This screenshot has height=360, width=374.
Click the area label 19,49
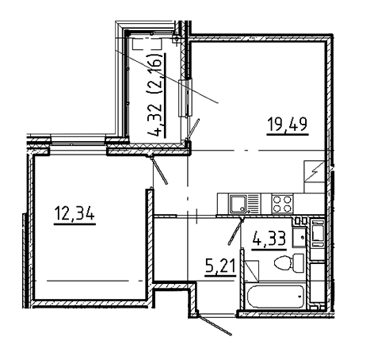coord(288,124)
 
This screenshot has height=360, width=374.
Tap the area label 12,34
coord(74,213)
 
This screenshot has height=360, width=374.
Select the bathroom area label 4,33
coord(269,238)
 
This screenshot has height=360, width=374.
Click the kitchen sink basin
coord(239,204)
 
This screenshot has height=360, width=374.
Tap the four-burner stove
coord(282,204)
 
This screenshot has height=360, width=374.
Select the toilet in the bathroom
coord(289,262)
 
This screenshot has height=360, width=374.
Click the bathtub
coord(276,297)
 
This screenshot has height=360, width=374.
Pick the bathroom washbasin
coord(300,237)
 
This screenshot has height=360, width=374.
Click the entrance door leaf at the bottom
coord(215,324)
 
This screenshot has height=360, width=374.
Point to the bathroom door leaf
coord(235,231)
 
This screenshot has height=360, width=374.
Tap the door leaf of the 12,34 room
coord(159,170)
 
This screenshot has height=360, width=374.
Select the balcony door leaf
coord(193,129)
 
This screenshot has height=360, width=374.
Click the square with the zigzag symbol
coord(314,171)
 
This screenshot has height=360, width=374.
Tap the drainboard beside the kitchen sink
coord(254,204)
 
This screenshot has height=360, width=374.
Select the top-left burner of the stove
coord(277,199)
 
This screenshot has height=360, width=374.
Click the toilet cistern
coord(299,262)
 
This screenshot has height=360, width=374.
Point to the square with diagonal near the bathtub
coord(252,271)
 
